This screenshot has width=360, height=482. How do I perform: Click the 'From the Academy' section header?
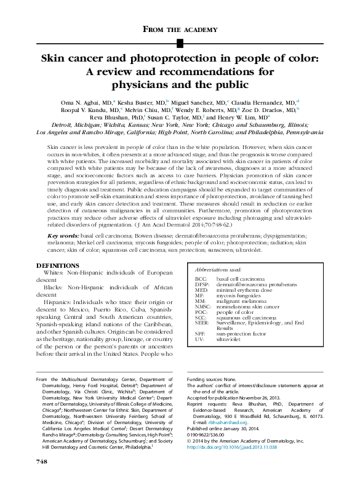point(180,29)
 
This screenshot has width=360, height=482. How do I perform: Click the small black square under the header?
point(180,42)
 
